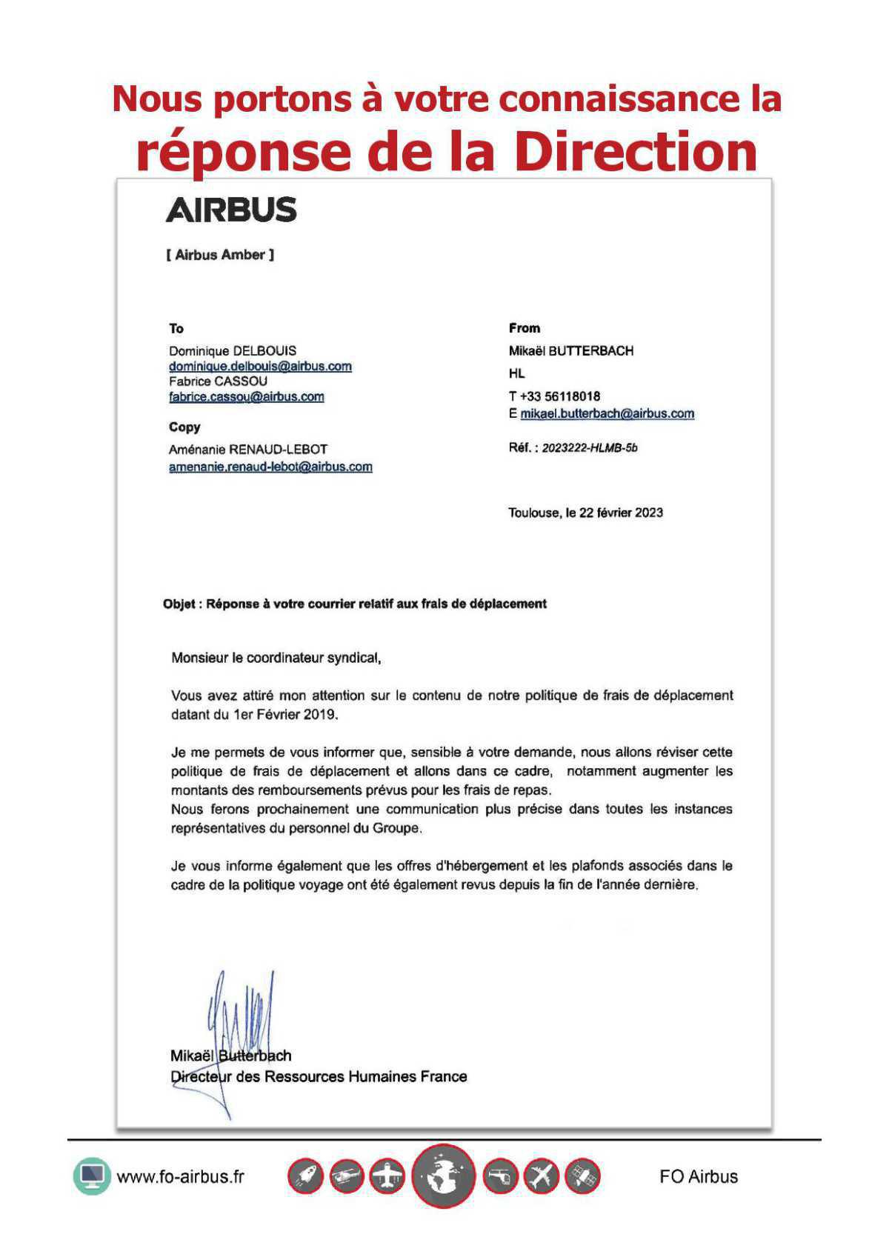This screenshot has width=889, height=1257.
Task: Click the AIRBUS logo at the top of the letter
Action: pyautogui.click(x=231, y=210)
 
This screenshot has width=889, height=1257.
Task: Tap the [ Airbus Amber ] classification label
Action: pyautogui.click(x=220, y=255)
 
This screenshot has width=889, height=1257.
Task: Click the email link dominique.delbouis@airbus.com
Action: pyautogui.click(x=260, y=367)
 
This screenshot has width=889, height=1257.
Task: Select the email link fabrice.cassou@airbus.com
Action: pyautogui.click(x=246, y=397)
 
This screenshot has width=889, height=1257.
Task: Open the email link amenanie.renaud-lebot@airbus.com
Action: pyautogui.click(x=270, y=467)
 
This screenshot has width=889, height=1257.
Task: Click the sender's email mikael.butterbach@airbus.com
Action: pyautogui.click(x=607, y=414)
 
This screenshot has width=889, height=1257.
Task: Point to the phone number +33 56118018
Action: pyautogui.click(x=559, y=396)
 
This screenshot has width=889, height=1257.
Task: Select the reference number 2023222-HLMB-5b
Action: pyautogui.click(x=590, y=448)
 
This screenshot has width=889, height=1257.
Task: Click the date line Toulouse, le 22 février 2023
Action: pyautogui.click(x=585, y=513)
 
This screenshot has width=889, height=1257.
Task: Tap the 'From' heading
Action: pyautogui.click(x=525, y=328)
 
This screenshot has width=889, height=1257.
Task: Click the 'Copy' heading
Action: pyautogui.click(x=184, y=427)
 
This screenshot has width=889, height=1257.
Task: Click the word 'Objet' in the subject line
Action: pyautogui.click(x=179, y=604)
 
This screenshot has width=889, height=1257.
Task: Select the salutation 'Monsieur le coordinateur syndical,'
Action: pyautogui.click(x=276, y=658)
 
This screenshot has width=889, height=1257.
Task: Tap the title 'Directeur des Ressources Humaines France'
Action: pyautogui.click(x=319, y=1076)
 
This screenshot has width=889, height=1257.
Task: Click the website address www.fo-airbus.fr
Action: pyautogui.click(x=180, y=1176)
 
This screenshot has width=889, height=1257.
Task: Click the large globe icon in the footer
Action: pyautogui.click(x=443, y=1176)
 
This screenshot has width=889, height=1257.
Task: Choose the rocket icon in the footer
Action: pyautogui.click(x=305, y=1176)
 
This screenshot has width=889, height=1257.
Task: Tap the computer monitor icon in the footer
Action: pyautogui.click(x=92, y=1176)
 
